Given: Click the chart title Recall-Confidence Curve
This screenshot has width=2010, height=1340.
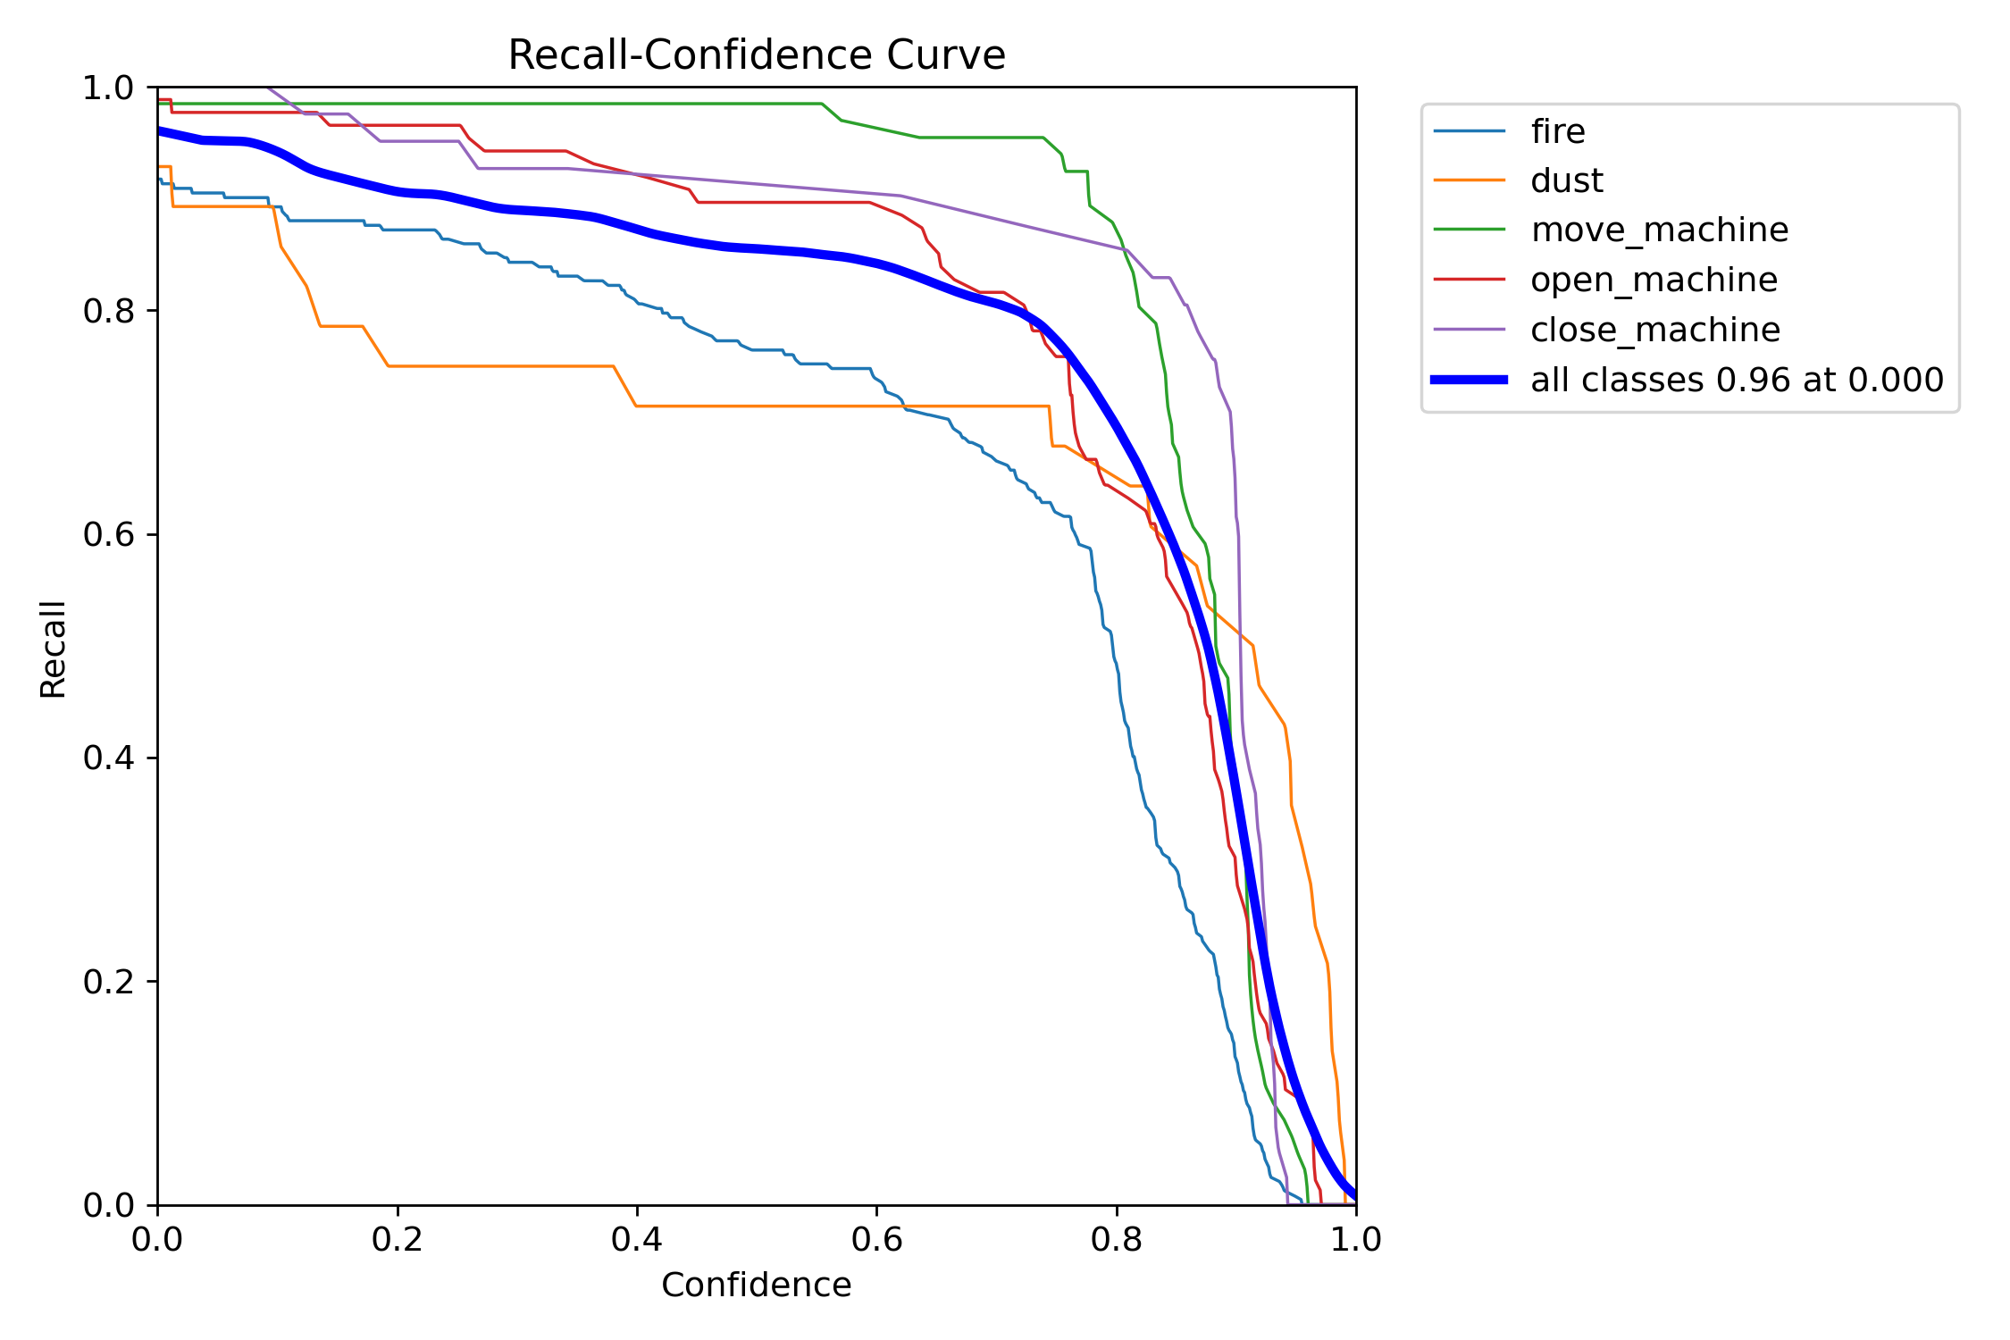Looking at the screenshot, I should click(x=756, y=55).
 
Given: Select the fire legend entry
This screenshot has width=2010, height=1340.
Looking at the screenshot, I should click(x=1557, y=132).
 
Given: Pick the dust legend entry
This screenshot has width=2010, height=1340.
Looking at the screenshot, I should click(x=1566, y=181).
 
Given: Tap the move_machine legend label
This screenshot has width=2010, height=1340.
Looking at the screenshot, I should click(x=1659, y=230).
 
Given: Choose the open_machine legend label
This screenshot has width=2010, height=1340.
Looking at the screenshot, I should click(x=1654, y=281).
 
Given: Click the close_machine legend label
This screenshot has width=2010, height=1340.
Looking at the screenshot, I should click(x=1654, y=331).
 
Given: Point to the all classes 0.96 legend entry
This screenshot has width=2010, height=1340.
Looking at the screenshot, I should click(x=1736, y=381).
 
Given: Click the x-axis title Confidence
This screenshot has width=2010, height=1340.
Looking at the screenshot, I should click(x=756, y=1285).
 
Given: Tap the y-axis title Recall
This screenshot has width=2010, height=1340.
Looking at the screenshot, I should click(x=54, y=649).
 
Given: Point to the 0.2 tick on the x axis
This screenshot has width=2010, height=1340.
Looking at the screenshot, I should click(x=397, y=1240).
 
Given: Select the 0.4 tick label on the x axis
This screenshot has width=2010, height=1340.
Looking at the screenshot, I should click(x=636, y=1240).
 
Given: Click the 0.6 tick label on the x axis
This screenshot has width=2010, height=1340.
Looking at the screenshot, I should click(x=876, y=1240).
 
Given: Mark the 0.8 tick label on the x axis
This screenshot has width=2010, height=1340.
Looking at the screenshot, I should click(x=1116, y=1240).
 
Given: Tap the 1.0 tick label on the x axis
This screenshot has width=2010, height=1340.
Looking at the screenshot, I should click(x=1355, y=1240).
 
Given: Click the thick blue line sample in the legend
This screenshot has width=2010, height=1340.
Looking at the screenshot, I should click(x=1469, y=381).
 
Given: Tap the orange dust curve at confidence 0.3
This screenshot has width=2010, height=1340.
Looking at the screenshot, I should click(x=517, y=366).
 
